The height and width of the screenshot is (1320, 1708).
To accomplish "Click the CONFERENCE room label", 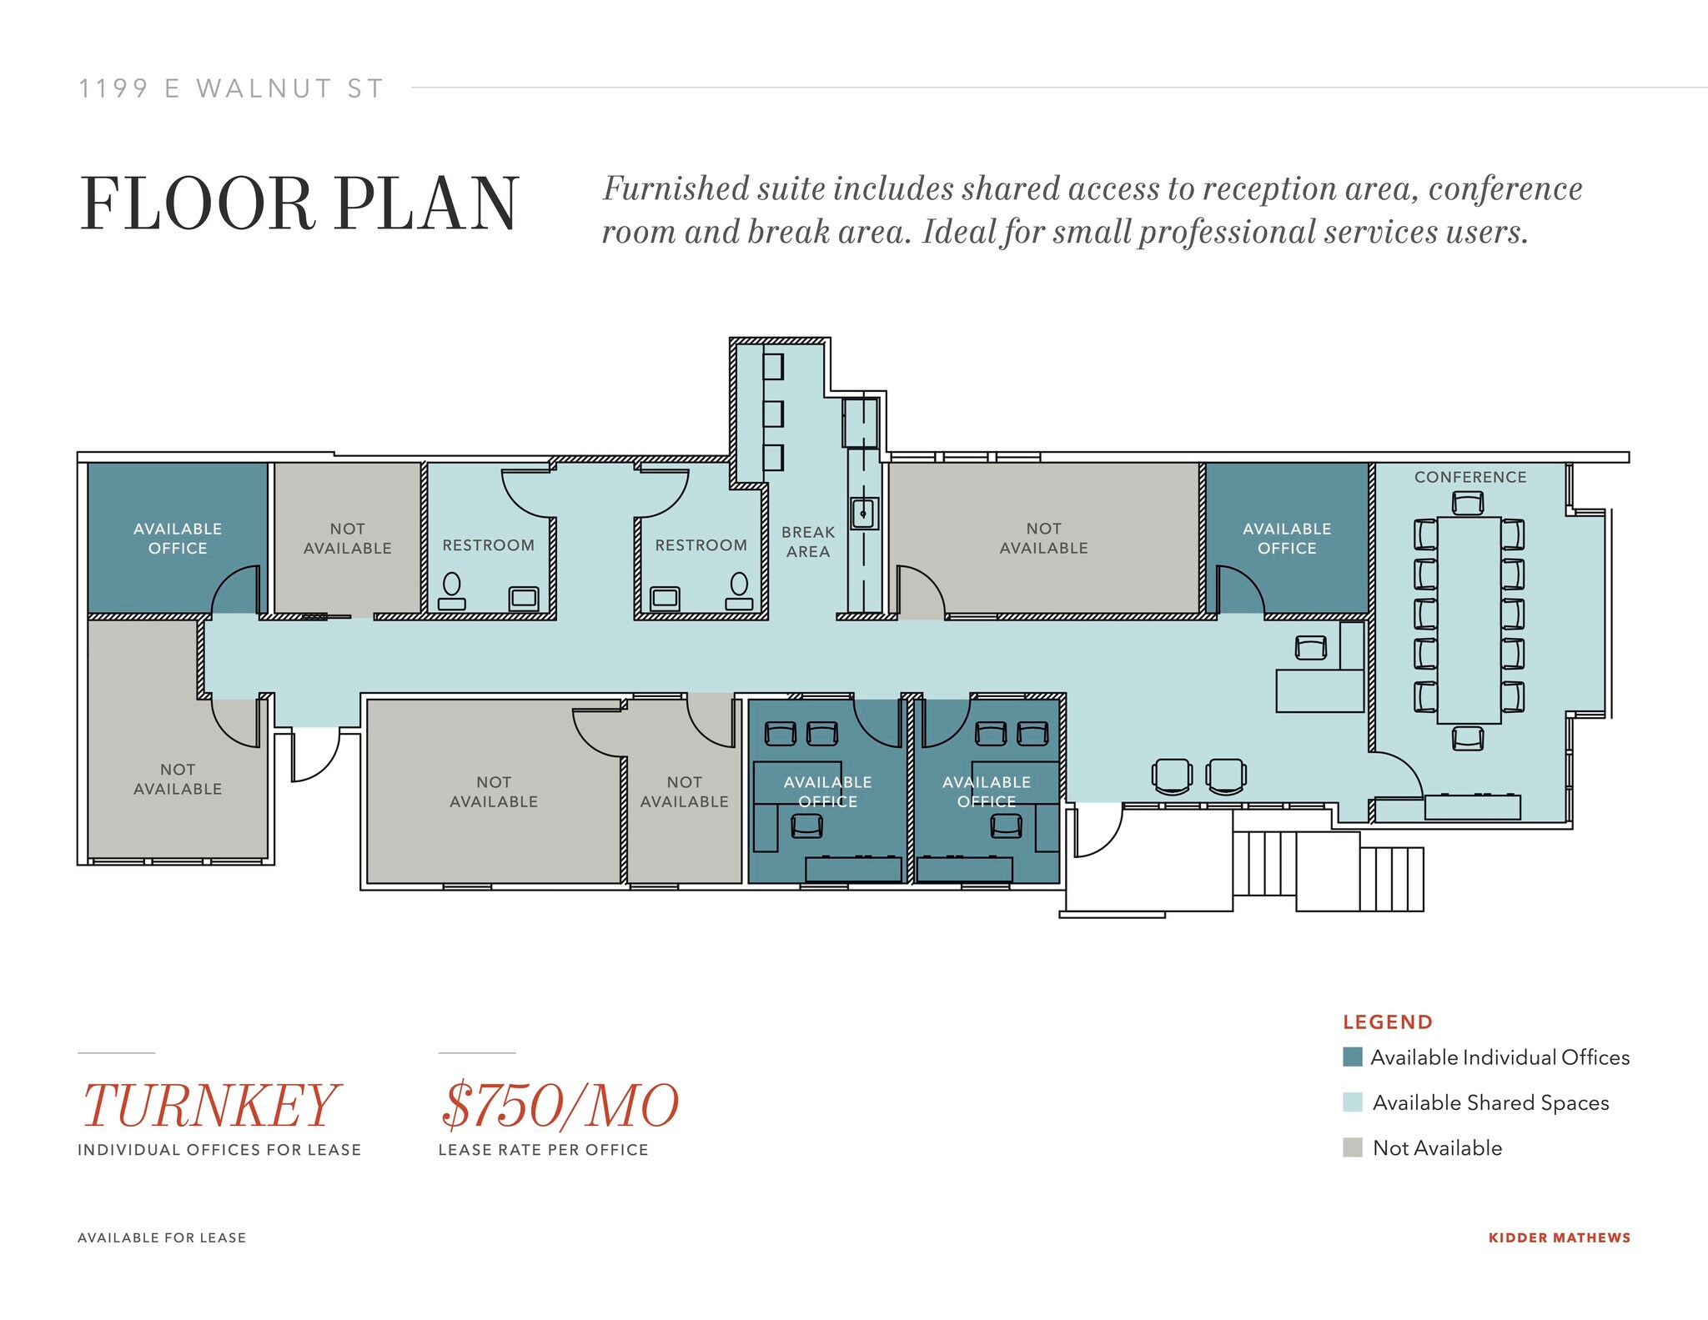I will click(x=1469, y=477).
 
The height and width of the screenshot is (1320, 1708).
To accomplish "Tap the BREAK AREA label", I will click(x=807, y=542).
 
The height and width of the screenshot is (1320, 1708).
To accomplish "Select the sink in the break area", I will click(x=864, y=513).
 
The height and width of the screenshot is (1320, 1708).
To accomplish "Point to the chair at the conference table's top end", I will click(x=1468, y=503).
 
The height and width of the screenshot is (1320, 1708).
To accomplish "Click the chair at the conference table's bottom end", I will click(x=1468, y=738).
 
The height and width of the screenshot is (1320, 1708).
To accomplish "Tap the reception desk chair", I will click(x=1311, y=647).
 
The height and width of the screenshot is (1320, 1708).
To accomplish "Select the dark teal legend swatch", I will click(x=1353, y=1057).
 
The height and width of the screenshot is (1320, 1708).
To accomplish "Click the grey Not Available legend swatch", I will click(x=1353, y=1147).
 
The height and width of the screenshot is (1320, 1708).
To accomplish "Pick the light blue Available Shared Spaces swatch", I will click(x=1353, y=1102).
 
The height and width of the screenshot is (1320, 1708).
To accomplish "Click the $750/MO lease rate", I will click(x=559, y=1106).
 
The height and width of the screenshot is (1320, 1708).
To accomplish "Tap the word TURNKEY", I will click(x=209, y=1106).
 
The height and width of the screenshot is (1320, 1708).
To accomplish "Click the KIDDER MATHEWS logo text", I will click(x=1559, y=1237).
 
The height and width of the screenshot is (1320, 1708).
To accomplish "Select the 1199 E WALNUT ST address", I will click(x=231, y=88).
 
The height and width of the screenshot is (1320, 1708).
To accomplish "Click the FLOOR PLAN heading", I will click(x=300, y=204).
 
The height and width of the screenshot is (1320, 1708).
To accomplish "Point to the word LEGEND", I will click(x=1388, y=1022).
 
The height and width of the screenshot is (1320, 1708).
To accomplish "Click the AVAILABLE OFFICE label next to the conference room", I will click(x=1287, y=539).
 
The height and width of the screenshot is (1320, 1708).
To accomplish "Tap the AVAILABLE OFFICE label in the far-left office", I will click(x=178, y=539).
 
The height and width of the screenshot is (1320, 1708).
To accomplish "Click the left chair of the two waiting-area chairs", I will click(x=1172, y=775).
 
